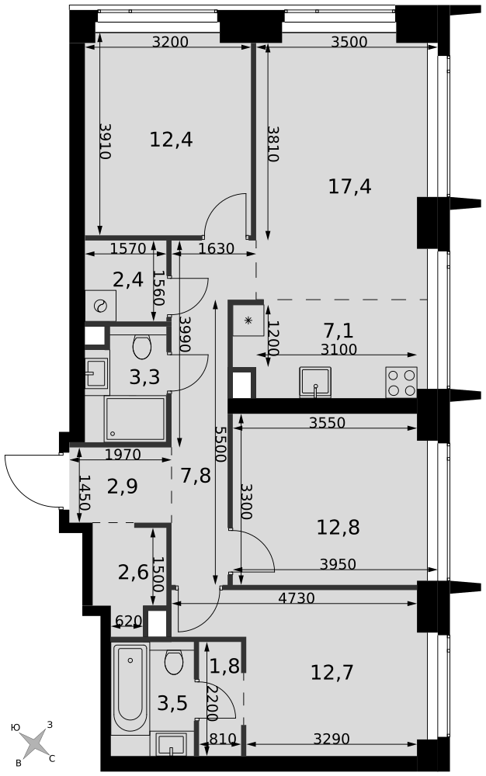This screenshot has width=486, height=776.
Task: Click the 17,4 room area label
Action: tap(349, 186)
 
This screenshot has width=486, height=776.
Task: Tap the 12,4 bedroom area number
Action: tap(171, 140)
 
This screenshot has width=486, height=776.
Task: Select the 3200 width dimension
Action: tap(170, 42)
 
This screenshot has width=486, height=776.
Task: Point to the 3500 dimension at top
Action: tap(349, 42)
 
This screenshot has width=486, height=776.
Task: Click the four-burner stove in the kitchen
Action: tap(401, 382)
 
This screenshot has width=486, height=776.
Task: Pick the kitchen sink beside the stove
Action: tap(314, 382)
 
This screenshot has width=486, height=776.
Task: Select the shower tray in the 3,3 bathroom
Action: tap(134, 419)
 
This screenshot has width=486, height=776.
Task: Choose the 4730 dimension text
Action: tap(297, 598)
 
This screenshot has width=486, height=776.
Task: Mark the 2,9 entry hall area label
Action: tap(122, 487)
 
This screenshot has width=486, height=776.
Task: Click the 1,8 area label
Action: tap(224, 666)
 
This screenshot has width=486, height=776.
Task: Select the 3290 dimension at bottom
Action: tap(332, 739)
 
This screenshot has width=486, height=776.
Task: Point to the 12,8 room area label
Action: tap(338, 528)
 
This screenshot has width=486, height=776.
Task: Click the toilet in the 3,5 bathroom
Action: tap(174, 663)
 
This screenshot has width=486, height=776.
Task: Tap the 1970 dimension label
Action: tap(123, 454)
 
